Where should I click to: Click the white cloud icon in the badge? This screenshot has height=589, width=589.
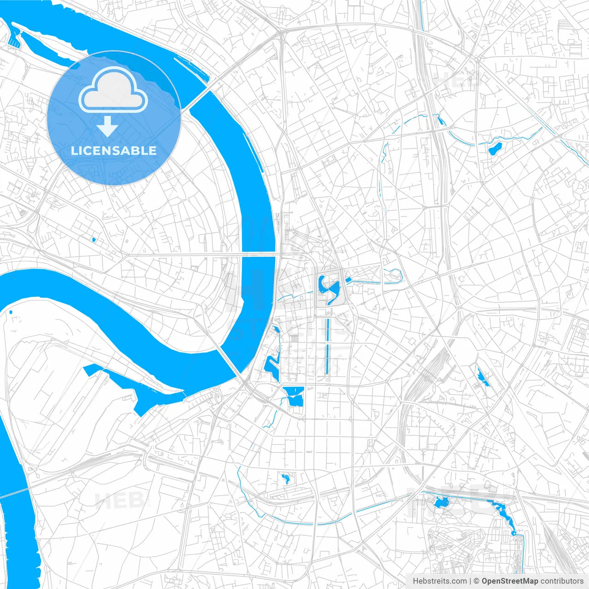tap(113, 90)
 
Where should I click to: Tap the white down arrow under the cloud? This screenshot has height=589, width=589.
tap(108, 127)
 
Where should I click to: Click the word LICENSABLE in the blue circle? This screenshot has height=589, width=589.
tap(114, 150)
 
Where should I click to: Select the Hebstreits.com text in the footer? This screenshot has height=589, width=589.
tap(439, 581)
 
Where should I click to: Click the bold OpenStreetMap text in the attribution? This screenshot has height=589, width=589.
tap(510, 581)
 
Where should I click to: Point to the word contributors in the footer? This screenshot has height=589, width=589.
tap(562, 581)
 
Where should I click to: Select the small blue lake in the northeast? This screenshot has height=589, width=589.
tap(495, 149)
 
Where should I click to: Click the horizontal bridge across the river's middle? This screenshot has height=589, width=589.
tap(258, 254)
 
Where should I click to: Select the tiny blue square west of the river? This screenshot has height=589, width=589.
tap(93, 239)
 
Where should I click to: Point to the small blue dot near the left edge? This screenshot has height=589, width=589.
tap(11, 312)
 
